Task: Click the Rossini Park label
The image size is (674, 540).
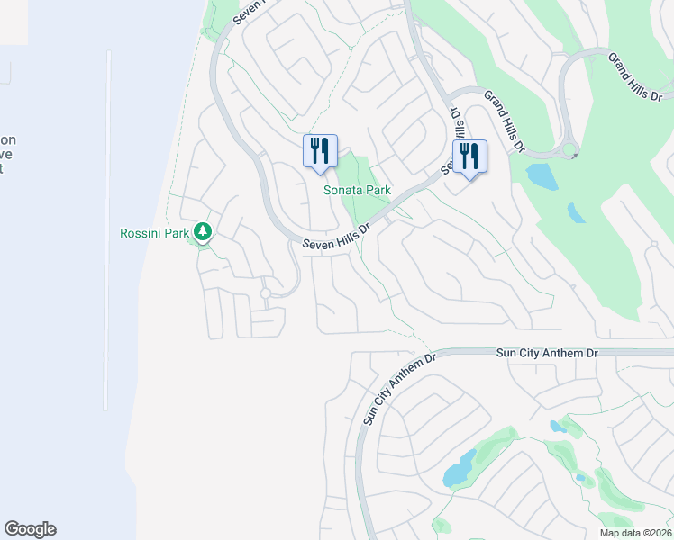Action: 153,234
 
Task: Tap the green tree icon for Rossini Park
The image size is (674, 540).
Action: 204,232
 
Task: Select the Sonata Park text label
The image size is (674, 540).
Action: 358,191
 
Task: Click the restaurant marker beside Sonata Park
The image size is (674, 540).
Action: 320,150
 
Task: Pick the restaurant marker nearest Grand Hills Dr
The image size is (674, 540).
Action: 469,156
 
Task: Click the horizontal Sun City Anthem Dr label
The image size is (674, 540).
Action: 547,354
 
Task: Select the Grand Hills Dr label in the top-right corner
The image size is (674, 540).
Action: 634,76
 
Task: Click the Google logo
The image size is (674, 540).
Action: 30,529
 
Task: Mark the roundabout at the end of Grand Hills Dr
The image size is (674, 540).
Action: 569,150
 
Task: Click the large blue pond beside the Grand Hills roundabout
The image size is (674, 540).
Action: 541,175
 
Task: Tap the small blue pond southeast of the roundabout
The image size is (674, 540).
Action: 576,213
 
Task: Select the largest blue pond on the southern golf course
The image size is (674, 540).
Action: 459,469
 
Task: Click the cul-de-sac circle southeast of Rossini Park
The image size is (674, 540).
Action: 265,293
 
